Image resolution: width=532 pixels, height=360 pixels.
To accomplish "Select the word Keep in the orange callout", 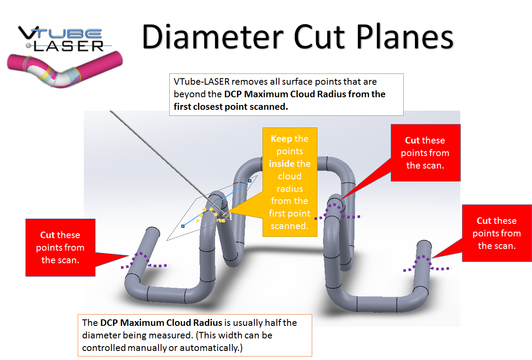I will (x=281, y=139).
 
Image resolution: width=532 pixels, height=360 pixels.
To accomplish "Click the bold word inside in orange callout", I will (x=282, y=164).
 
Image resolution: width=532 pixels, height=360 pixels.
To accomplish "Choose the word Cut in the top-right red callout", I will (x=412, y=140).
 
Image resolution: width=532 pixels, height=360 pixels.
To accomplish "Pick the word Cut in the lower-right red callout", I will (x=484, y=221).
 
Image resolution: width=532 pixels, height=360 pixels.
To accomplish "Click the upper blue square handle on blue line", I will (x=250, y=181).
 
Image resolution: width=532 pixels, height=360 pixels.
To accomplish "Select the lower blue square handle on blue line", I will (x=183, y=226).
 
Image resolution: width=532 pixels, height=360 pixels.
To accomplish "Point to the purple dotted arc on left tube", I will (x=140, y=259).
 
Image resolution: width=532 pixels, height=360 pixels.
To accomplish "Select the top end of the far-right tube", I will (x=424, y=244).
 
